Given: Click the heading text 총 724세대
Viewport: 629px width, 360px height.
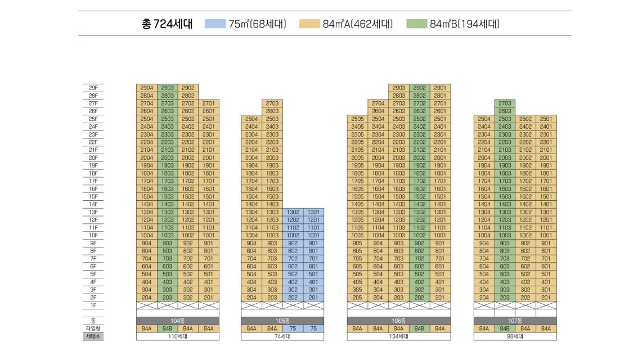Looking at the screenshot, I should (x=167, y=24).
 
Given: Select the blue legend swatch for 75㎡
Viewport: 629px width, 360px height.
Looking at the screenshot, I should (x=215, y=24).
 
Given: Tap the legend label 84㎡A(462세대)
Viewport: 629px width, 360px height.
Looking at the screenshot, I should (x=358, y=24).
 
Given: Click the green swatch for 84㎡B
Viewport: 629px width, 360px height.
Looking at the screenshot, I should (x=417, y=24).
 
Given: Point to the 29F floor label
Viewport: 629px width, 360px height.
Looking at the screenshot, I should (x=93, y=88).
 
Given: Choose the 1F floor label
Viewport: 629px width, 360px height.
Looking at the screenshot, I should (x=93, y=305).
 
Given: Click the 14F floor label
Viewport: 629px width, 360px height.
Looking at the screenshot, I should (x=93, y=204).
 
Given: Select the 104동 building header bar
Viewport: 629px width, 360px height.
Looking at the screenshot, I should (x=178, y=321).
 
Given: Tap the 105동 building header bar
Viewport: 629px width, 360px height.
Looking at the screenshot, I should (x=282, y=321).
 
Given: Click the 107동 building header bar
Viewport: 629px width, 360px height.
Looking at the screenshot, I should (x=515, y=321).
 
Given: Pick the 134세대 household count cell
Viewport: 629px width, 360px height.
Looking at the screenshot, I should (x=398, y=336).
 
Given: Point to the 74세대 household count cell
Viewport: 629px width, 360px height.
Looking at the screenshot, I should (x=282, y=336).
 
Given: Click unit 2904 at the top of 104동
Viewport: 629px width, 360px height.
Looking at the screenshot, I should (x=146, y=88).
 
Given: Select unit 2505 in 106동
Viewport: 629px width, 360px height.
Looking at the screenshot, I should (x=357, y=119).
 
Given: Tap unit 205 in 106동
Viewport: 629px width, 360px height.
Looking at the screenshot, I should (x=357, y=298).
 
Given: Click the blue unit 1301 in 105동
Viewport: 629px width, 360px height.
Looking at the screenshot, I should (x=313, y=212).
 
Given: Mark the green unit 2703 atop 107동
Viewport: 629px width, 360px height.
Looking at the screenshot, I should (x=505, y=103).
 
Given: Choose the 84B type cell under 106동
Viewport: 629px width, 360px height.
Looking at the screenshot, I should (x=419, y=328).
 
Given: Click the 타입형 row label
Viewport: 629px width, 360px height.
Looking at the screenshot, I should (x=93, y=328).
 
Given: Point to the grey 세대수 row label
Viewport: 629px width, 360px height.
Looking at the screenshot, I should (x=93, y=336).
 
